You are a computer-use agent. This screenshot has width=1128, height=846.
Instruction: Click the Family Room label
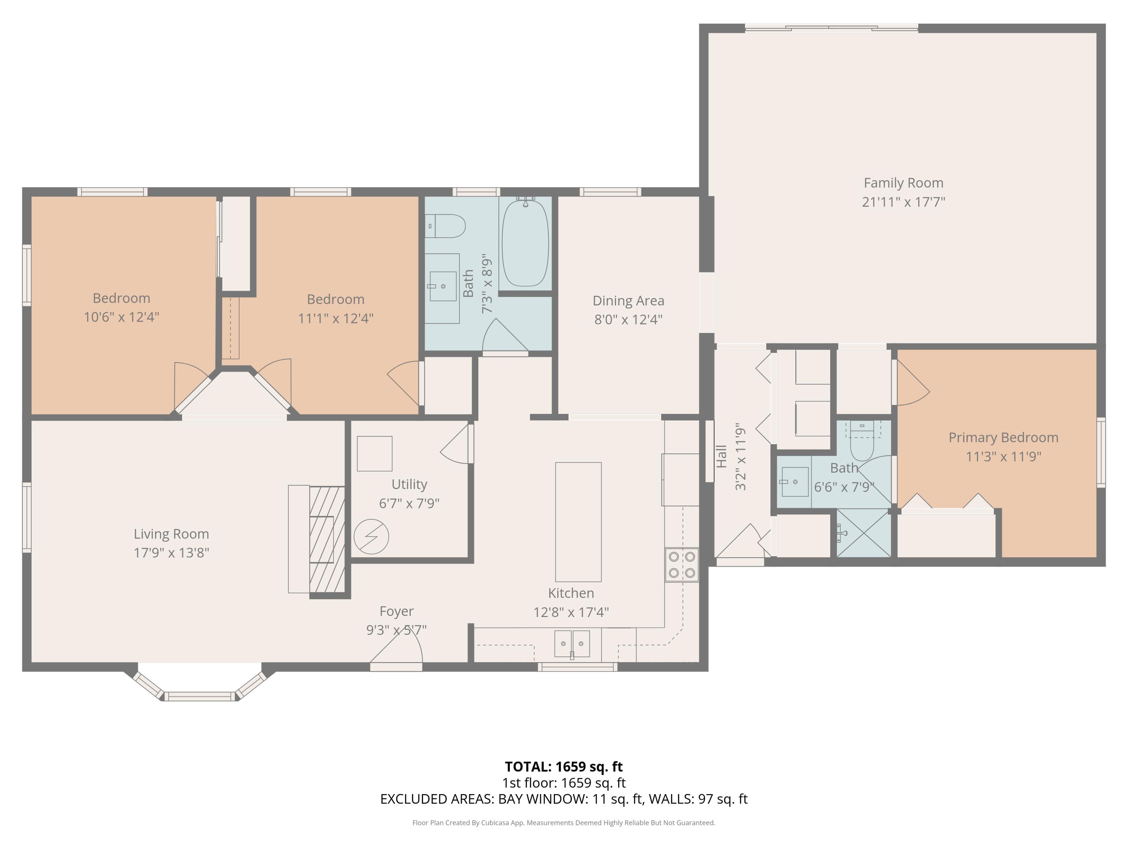pos(903,183)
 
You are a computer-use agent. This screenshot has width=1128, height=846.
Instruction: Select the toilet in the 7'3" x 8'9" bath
pos(447,226)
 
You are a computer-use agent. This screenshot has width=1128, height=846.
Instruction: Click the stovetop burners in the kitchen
pos(682,564)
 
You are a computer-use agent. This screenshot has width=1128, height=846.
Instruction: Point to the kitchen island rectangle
pos(578,522)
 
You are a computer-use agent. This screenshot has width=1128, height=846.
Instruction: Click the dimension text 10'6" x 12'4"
pos(121,317)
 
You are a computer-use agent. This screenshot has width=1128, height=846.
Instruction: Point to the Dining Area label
pos(628,301)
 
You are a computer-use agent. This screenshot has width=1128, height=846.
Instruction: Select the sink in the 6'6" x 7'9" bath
pos(794,481)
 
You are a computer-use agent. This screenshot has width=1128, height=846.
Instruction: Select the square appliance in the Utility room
pos(374,453)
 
